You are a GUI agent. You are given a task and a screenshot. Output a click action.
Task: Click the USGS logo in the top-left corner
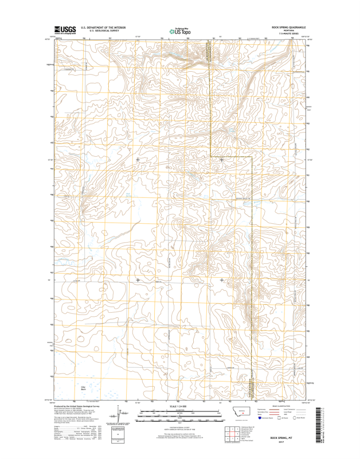coord(65,30)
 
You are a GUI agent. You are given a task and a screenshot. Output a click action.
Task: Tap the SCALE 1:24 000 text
coord(180,407)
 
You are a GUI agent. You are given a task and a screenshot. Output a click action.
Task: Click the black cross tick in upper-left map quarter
coord(138,160)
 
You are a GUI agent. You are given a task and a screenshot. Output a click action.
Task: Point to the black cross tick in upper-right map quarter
coord(222,160)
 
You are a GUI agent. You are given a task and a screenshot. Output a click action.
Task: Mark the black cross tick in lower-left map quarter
coord(138,280)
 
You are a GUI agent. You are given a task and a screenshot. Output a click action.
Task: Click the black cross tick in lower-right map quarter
coord(222,280)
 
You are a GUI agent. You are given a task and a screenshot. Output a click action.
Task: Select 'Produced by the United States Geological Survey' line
coord(78,405)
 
